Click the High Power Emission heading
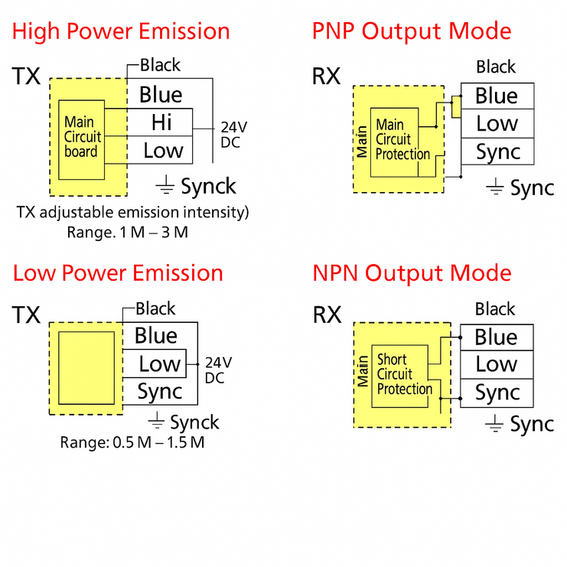[x=121, y=31]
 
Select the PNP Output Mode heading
[x=412, y=31]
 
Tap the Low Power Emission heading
[x=118, y=273]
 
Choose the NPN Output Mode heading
[x=412, y=273]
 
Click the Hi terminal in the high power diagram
[x=161, y=122]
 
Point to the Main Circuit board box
[x=81, y=137]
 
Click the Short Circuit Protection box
[x=404, y=374]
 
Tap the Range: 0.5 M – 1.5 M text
[x=132, y=442]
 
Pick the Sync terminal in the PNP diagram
[x=497, y=152]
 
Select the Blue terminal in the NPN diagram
[x=496, y=337]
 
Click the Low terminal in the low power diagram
[x=159, y=364]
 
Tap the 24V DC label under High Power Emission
[x=233, y=134]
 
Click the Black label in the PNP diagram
[x=496, y=67]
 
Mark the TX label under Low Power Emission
[x=27, y=314]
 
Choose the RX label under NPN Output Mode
[x=327, y=314]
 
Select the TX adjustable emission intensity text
[x=132, y=212]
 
